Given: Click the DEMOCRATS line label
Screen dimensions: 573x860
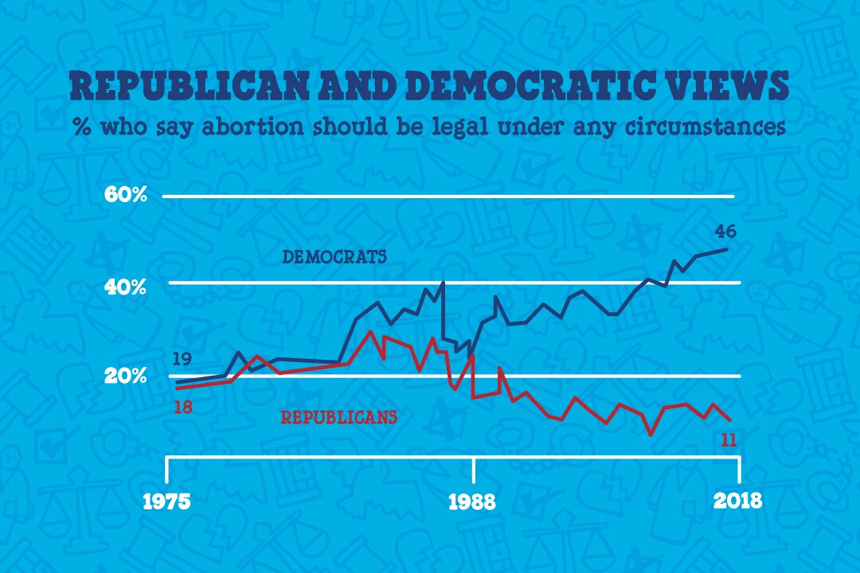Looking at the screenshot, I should point(334,257).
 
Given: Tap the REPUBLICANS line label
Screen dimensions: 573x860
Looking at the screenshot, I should point(338,416).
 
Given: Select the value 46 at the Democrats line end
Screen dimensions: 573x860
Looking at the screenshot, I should point(725,232).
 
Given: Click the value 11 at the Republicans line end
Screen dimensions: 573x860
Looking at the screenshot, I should point(728,439).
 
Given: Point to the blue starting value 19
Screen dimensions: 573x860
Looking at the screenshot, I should point(182,359).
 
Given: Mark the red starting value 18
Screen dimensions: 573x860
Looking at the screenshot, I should point(182,407).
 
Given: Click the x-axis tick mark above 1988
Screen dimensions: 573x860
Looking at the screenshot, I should point(474,470).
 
